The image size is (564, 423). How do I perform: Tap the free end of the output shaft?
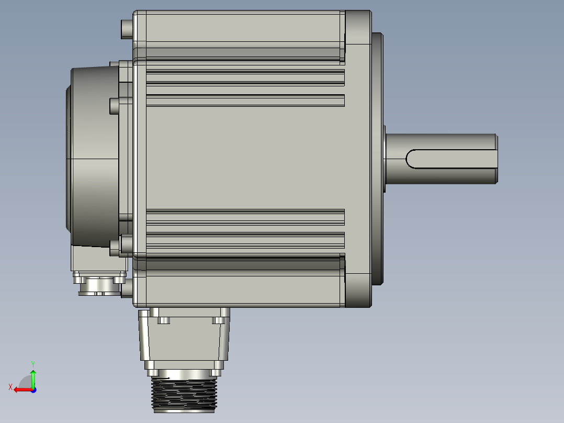495,159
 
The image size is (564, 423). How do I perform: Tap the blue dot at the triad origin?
33,389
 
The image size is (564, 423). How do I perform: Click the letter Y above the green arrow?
32,363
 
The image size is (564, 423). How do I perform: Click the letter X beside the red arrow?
10,387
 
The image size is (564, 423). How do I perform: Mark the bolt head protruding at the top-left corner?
127,29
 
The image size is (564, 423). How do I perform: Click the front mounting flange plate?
358,157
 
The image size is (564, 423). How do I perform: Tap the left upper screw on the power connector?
164,320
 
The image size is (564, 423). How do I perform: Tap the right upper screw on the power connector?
218,320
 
